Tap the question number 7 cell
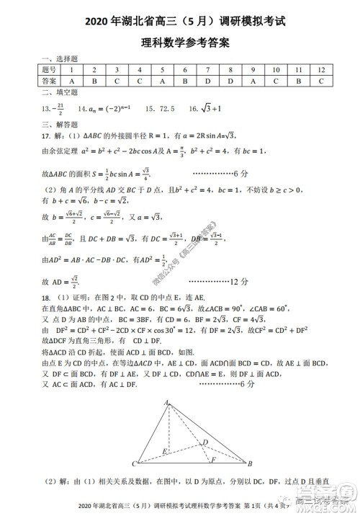pos(207,70)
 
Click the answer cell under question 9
pos(253,81)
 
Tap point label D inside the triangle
pos(205,441)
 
